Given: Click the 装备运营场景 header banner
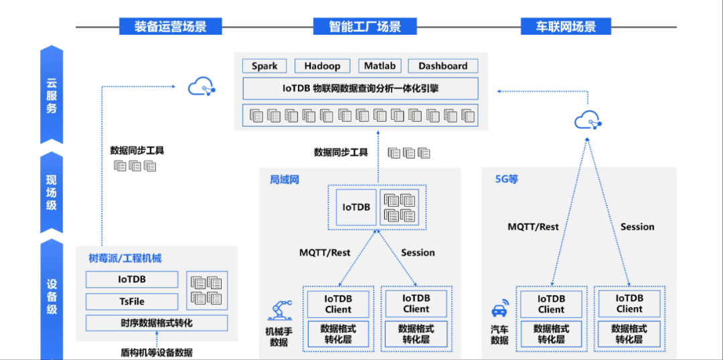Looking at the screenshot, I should coord(170,27).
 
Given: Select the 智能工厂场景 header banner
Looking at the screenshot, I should coord(365,27).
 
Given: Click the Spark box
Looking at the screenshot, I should coord(264,66).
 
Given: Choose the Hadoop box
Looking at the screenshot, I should coord(322,66).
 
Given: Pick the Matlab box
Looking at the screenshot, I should coord(380,66).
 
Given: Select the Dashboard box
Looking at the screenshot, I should coord(443,66).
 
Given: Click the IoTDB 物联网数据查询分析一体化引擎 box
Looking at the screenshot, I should coord(360,88).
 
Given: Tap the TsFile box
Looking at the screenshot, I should coord(132,301).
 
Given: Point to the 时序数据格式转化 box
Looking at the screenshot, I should coord(156,323).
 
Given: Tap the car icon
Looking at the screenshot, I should coord(499,310).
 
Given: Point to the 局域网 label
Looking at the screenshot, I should coord(284,179).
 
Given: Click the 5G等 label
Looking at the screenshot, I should coord(506,179).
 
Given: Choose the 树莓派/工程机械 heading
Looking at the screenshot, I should coord(125,258).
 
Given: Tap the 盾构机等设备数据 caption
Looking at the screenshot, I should coord(157,352).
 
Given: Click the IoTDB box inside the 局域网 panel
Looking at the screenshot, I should coord(356,207).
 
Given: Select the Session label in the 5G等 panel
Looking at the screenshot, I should coord(637,227).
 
